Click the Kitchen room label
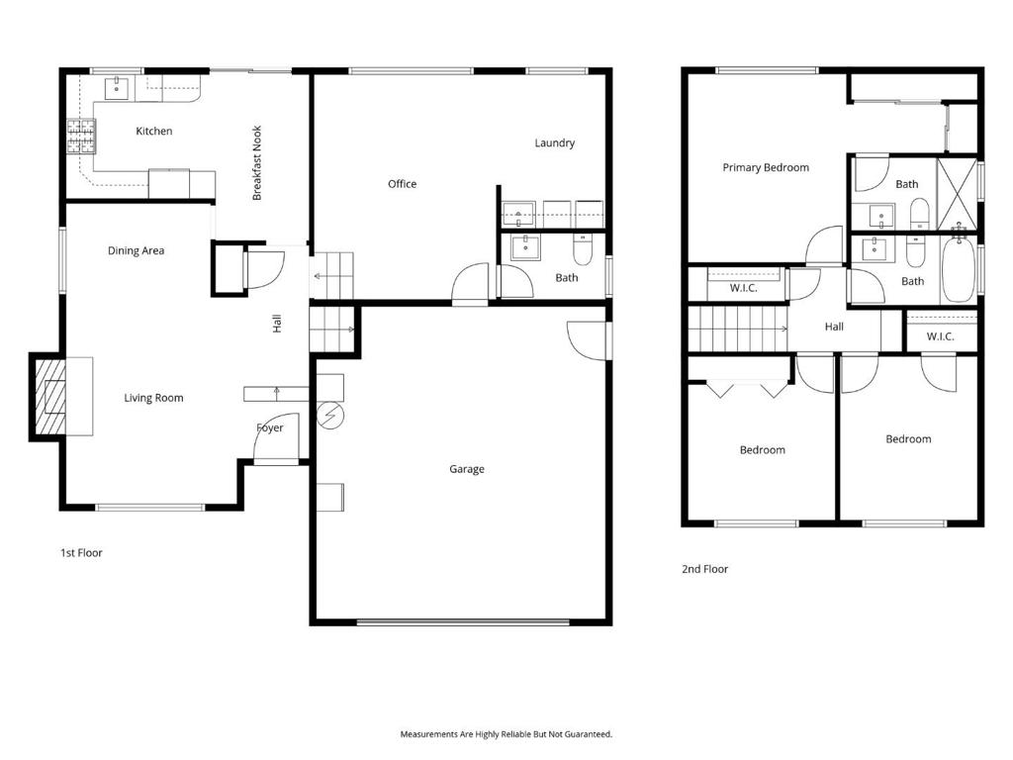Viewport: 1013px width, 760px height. [x=153, y=132]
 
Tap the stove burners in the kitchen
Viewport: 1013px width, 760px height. [x=81, y=137]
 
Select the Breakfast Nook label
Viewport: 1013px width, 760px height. [x=257, y=163]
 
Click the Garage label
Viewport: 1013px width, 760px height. [x=467, y=469]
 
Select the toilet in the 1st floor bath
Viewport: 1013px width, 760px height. [x=583, y=249]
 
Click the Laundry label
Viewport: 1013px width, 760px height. [x=554, y=142]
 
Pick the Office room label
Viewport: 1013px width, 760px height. [x=402, y=184]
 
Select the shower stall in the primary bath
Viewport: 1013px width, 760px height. [x=957, y=194]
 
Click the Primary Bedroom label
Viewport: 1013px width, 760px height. [x=766, y=168]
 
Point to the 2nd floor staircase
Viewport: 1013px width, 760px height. [x=737, y=329]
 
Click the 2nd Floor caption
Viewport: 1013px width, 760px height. [x=704, y=569]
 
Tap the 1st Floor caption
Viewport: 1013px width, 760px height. [x=81, y=553]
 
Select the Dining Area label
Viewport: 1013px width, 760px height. [x=136, y=250]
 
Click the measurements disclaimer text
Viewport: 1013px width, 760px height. [x=506, y=734]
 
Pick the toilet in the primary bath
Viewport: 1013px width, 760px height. [x=919, y=214]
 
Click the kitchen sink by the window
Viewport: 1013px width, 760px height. [x=117, y=88]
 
